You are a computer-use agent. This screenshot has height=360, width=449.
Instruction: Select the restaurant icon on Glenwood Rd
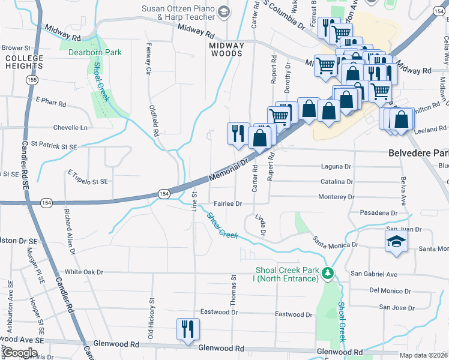click(188, 329)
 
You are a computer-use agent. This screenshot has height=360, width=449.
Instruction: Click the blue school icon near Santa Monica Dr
click(396, 242)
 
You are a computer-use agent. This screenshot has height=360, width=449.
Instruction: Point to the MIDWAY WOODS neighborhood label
click(226, 49)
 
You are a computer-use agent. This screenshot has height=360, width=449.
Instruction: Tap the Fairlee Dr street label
click(226, 203)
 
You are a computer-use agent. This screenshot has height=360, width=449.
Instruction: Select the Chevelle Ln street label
click(70, 128)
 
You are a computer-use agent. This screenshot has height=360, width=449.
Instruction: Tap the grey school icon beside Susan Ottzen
click(224, 12)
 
